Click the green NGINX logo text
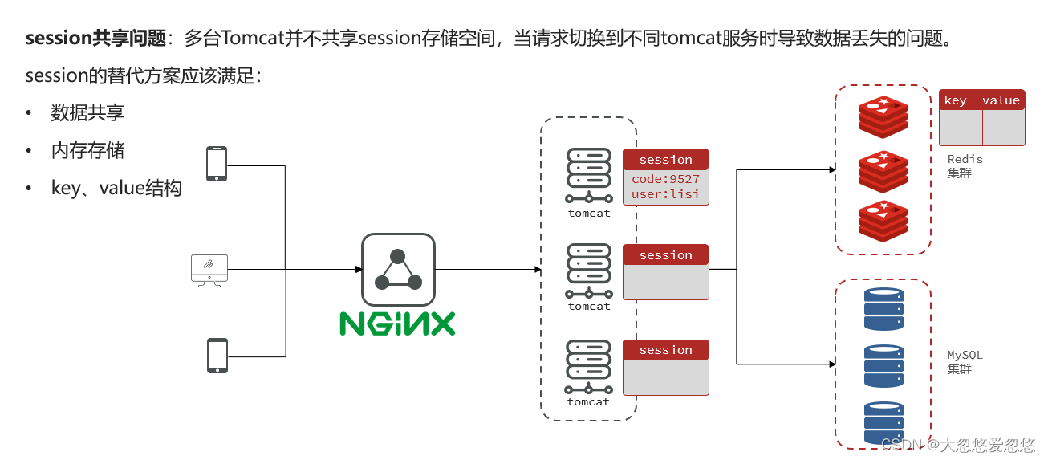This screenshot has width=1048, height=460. click(x=397, y=323)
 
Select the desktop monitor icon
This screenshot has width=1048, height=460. click(x=209, y=270)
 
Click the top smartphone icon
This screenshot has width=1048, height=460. click(x=217, y=164)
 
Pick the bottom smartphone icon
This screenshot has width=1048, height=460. click(x=217, y=355)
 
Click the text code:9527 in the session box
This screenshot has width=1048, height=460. click(x=665, y=179)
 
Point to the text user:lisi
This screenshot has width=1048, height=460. click(x=665, y=194)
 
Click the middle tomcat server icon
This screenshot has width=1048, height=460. click(x=589, y=269)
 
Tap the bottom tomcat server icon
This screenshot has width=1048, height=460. click(x=589, y=364)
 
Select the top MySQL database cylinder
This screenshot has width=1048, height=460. click(x=883, y=309)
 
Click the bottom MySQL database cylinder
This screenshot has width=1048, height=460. click(x=883, y=422)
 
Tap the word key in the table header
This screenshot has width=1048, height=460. click(x=955, y=100)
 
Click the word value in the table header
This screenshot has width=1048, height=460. click(x=1001, y=100)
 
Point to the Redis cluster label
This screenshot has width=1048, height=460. click(x=965, y=165)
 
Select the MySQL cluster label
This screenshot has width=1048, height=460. click(x=965, y=361)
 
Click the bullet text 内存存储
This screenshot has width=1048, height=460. click(x=87, y=150)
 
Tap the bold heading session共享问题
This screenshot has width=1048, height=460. click(x=95, y=38)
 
